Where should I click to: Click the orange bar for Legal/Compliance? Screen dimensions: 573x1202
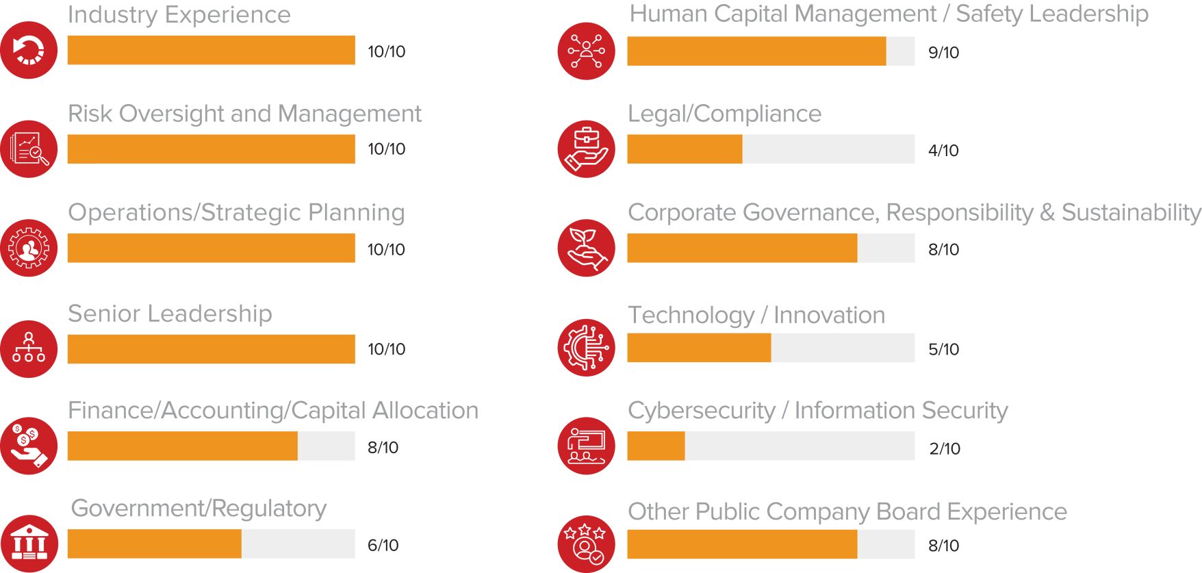point(685,149)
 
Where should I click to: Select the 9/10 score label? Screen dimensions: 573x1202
point(943,53)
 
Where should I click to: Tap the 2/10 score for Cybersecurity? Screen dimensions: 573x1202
point(945,448)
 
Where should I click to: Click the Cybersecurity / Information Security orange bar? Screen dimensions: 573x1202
point(656,446)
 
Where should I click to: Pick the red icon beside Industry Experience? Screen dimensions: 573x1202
point(29,50)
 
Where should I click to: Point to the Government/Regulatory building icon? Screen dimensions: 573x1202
point(29,544)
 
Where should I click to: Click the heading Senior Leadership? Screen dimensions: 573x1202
point(170,314)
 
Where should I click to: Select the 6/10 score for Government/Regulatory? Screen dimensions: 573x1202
point(383,545)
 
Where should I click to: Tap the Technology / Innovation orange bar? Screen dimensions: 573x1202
point(699,348)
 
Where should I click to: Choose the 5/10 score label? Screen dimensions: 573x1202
point(943,349)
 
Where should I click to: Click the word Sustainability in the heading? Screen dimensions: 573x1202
point(1131,213)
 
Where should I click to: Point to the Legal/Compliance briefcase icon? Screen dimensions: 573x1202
point(586,149)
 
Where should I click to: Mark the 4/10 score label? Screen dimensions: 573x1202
point(943,151)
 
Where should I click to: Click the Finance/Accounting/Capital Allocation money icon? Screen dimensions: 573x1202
point(29,446)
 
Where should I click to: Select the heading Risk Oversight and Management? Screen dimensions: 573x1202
point(244,114)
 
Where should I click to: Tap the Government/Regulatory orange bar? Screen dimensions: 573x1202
point(155,544)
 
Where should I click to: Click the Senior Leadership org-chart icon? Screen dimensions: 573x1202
point(29,348)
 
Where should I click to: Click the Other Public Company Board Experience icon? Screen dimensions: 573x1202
point(586,544)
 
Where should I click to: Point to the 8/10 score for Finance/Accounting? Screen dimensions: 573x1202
point(383,448)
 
